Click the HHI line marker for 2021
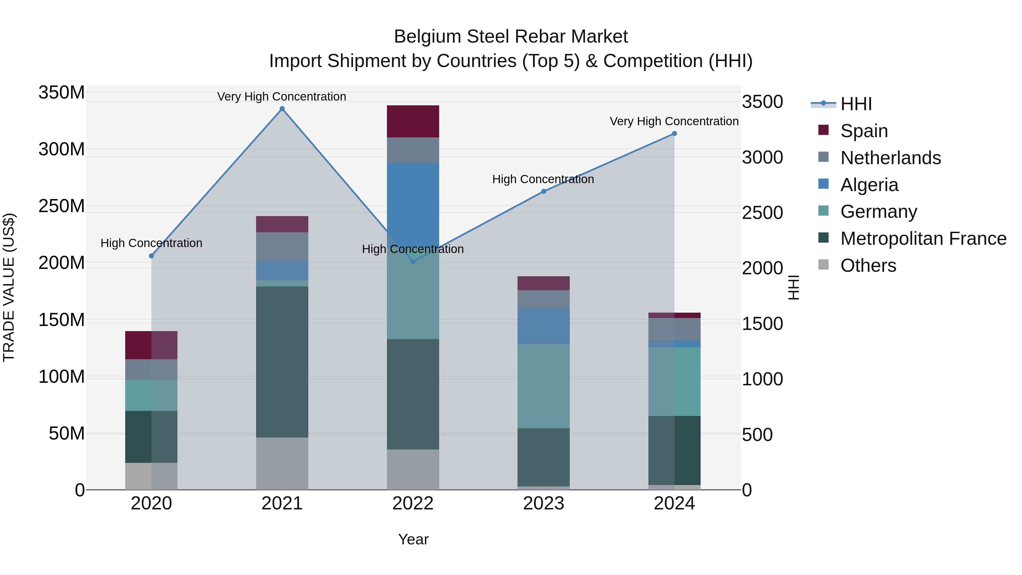tap(282, 109)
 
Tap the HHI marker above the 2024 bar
tap(674, 134)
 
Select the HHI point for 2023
tap(544, 191)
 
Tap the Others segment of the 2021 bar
tap(282, 463)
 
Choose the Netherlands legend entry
tap(890, 158)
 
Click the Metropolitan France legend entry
tap(923, 239)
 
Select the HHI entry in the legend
tap(856, 104)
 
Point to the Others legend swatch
tap(823, 265)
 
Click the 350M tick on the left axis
tap(62, 93)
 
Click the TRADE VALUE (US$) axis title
tap(9, 287)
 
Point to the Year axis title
tap(413, 539)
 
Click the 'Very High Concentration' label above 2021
tap(282, 97)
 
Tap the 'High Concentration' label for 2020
tap(151, 243)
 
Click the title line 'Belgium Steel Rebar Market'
tap(511, 37)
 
